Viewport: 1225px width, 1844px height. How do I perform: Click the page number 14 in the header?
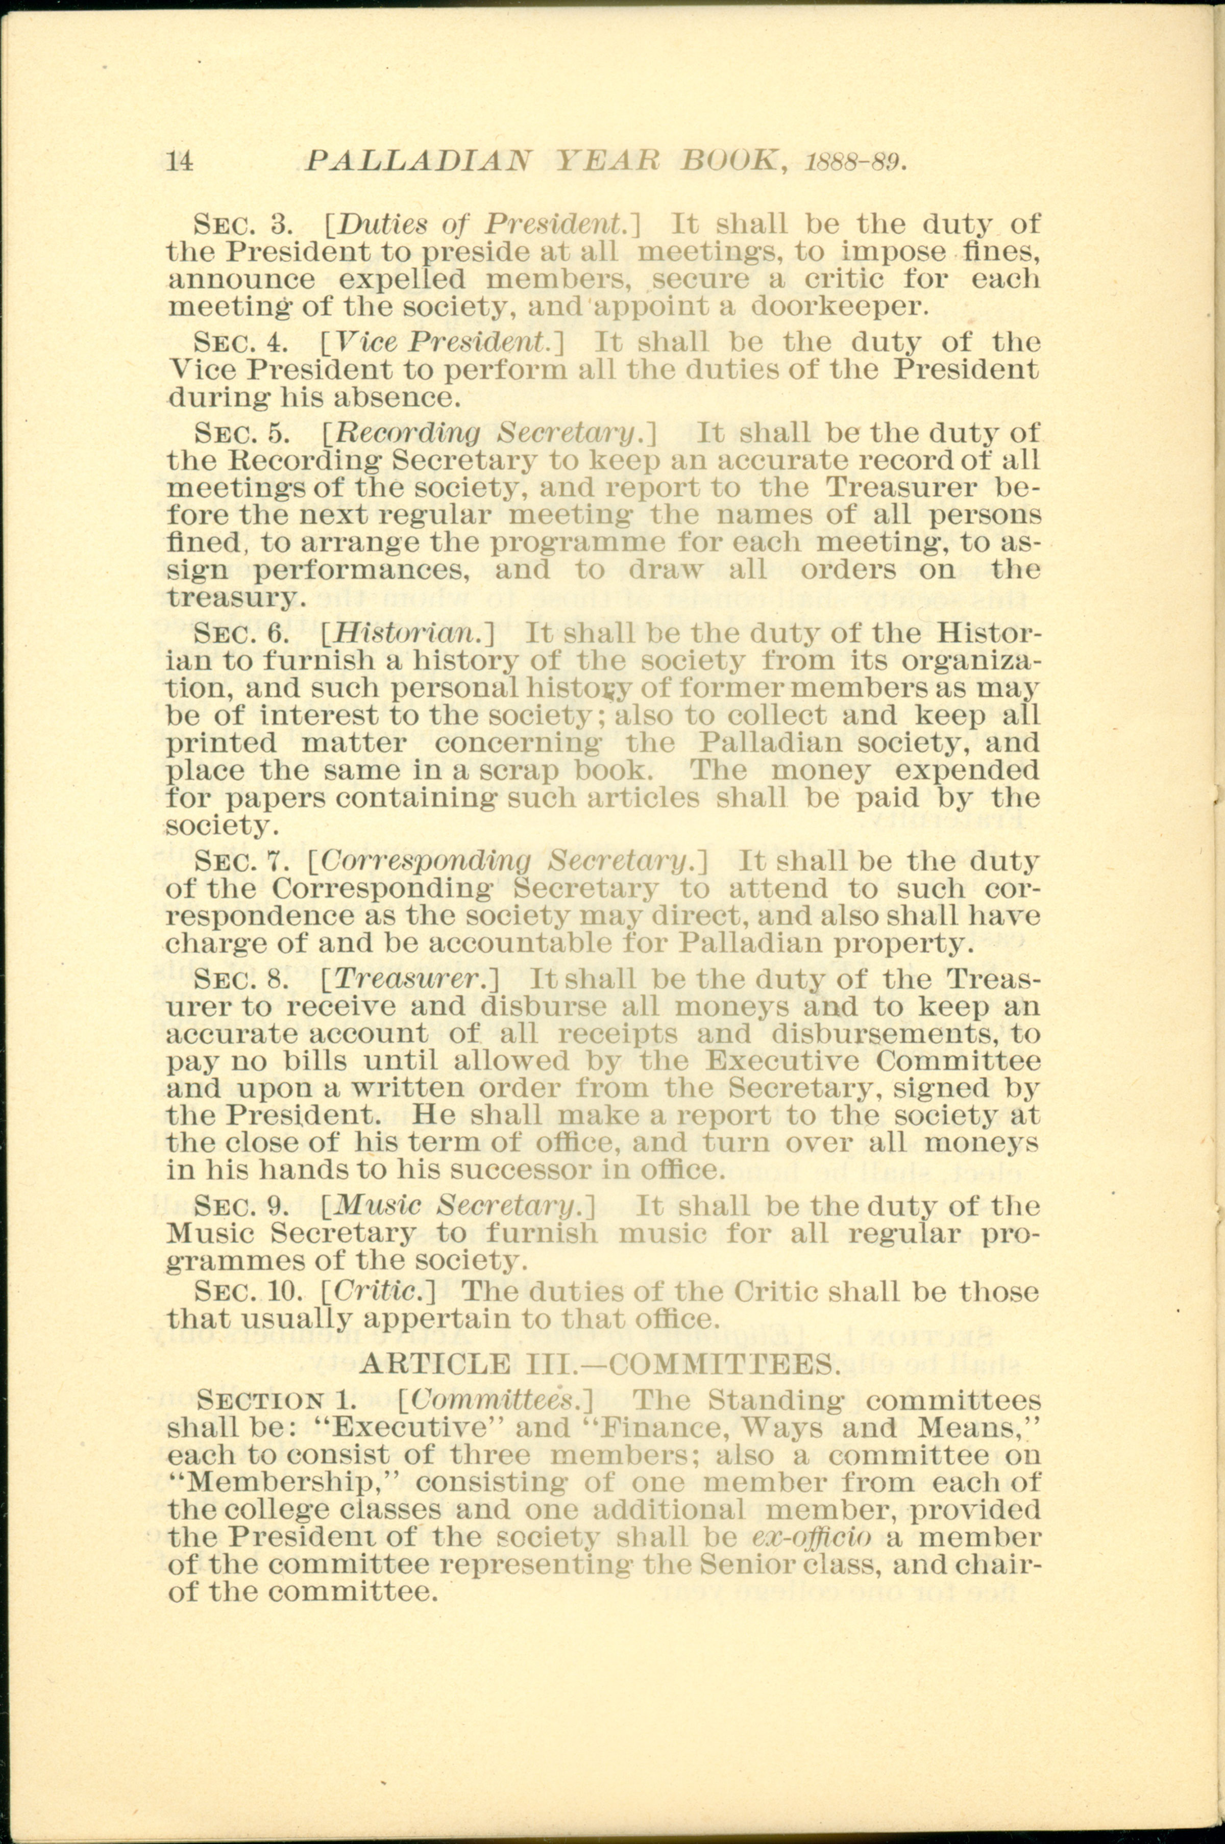(x=181, y=160)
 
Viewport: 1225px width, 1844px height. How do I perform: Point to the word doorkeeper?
(x=840, y=306)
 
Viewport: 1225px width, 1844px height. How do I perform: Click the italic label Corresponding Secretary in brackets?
(x=508, y=861)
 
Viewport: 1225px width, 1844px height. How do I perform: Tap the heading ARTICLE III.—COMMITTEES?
(x=598, y=1364)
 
